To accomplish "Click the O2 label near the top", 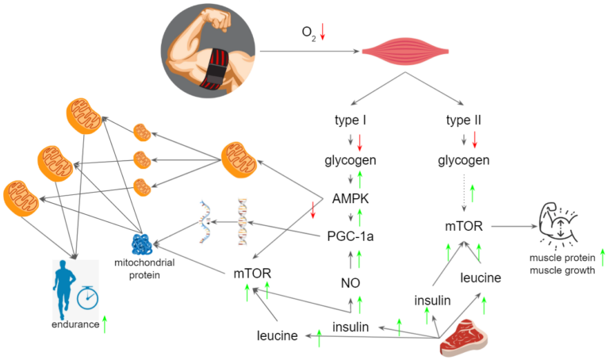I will click(308, 33).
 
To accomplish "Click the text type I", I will click(350, 121).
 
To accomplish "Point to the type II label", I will click(464, 121).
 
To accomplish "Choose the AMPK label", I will click(350, 197).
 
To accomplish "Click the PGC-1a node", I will click(350, 236).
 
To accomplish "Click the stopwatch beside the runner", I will click(87, 297).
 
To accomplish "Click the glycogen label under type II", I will click(463, 160).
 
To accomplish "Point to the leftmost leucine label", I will click(278, 335).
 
